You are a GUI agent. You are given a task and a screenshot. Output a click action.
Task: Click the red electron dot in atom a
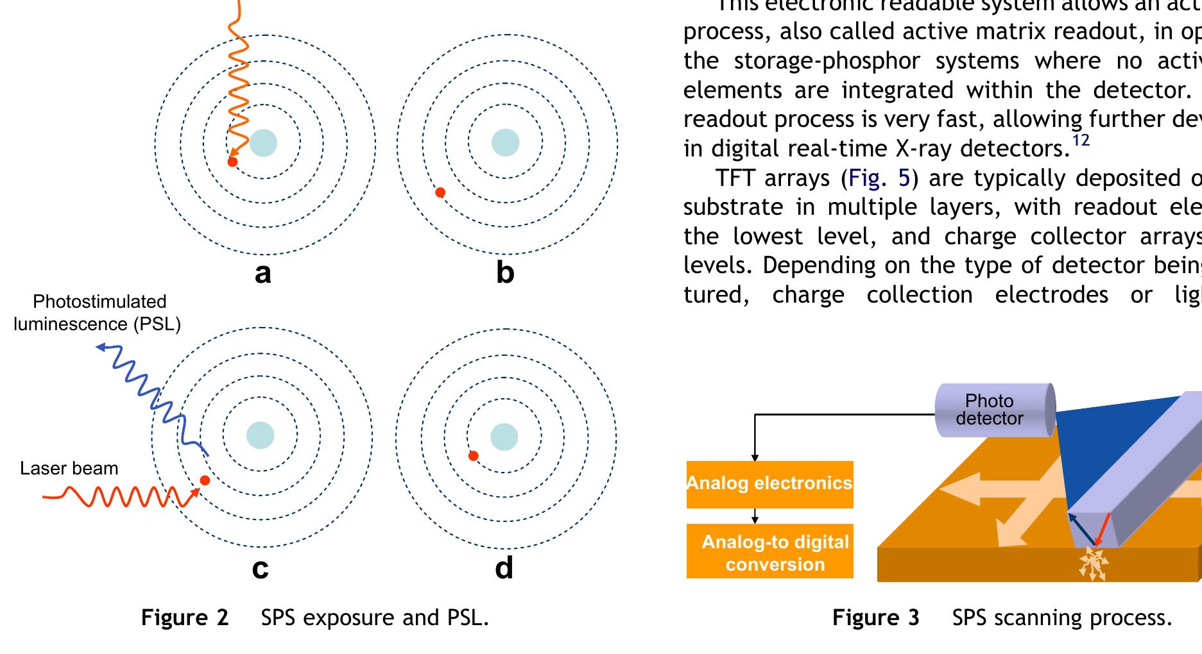[x=233, y=162]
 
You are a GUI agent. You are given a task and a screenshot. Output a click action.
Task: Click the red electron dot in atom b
[x=440, y=192]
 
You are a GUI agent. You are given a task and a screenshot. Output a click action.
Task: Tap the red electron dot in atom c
[x=205, y=480]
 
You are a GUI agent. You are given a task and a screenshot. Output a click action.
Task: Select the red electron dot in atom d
[x=474, y=456]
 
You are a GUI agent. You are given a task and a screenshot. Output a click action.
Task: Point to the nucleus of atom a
[x=263, y=143]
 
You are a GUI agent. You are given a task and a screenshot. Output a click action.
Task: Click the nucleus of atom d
[x=504, y=437]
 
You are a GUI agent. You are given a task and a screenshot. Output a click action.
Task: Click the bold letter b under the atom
[x=505, y=272]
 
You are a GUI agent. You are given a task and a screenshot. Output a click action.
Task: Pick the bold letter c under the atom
[x=260, y=568]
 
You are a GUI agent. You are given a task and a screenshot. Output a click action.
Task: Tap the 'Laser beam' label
[x=69, y=469]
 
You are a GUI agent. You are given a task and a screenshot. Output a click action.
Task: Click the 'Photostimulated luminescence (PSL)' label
[x=98, y=313]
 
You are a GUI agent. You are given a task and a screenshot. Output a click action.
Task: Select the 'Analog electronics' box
[x=769, y=484]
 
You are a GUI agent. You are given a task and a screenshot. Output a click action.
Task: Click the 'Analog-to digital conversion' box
[x=769, y=552]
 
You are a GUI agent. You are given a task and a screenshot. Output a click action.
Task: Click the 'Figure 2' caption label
[x=185, y=617]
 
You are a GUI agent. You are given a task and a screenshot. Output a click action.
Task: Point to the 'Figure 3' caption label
[x=875, y=617]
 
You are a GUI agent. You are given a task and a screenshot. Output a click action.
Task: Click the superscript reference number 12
[x=1081, y=140]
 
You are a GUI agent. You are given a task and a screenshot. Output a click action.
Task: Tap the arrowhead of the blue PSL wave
[x=100, y=348]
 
